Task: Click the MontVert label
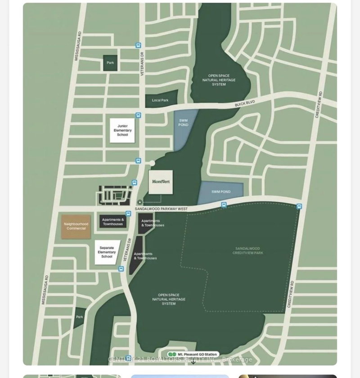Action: [161, 182]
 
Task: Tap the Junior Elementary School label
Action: [122, 130]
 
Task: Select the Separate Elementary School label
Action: [107, 252]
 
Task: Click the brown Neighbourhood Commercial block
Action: [76, 227]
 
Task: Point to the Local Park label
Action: [160, 100]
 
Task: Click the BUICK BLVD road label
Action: [245, 104]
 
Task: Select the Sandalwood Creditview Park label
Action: [247, 251]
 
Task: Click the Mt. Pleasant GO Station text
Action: [198, 355]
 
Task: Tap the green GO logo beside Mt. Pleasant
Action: [172, 355]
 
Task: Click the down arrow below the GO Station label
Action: [193, 361]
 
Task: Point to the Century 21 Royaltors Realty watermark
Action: [180, 360]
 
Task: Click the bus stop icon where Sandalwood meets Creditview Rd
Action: [299, 206]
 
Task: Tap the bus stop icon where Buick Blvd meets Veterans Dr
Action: [138, 116]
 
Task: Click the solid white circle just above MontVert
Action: [153, 163]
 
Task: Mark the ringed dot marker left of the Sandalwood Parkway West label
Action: [140, 203]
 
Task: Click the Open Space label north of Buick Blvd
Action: [219, 80]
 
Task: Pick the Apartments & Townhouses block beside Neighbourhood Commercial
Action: [113, 222]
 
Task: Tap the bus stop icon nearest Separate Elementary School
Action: [121, 269]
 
